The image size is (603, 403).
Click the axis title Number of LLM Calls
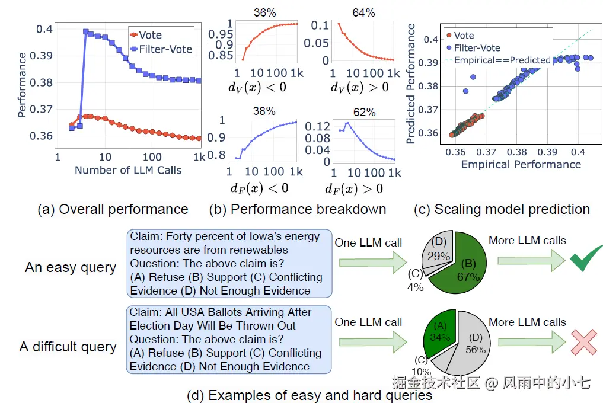(128, 170)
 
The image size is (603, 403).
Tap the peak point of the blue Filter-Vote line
(86, 31)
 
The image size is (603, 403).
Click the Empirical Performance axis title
(521, 164)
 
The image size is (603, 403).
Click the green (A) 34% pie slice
(441, 332)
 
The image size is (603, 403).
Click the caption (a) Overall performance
(112, 209)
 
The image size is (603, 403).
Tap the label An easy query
(70, 267)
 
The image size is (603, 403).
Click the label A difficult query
(68, 347)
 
